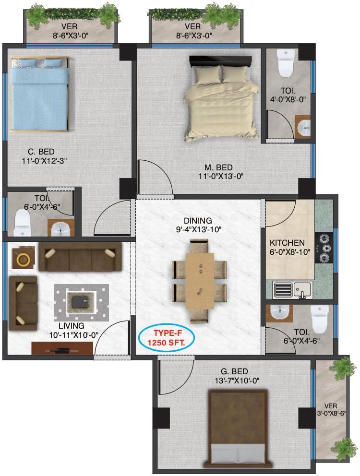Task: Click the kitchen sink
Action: click(302, 289)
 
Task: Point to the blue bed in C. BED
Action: click(39, 94)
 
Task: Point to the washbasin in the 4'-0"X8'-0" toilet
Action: click(303, 128)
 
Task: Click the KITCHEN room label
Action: click(287, 243)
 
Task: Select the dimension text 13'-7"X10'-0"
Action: click(234, 381)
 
